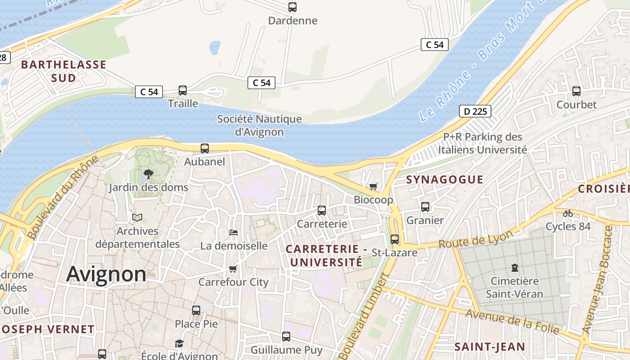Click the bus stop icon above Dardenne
(x=292, y=7)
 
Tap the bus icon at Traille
(x=183, y=90)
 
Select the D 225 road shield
(x=475, y=111)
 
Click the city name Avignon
(x=106, y=274)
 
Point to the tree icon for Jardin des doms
(x=148, y=174)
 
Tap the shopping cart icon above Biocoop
(x=373, y=186)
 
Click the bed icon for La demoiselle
(x=234, y=233)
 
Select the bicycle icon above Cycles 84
(x=568, y=213)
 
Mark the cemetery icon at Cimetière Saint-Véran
(x=514, y=268)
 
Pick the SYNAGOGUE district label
(x=445, y=180)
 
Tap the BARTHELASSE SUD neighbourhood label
(x=63, y=71)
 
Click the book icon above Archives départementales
(x=137, y=218)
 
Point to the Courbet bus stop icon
(x=576, y=91)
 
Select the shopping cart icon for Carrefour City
(x=233, y=269)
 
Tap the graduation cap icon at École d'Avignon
(x=180, y=343)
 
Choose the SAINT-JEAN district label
(x=490, y=346)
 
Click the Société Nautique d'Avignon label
(x=260, y=126)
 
